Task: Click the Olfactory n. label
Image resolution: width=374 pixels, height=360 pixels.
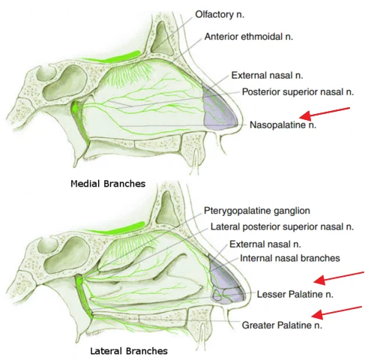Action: [x=220, y=14]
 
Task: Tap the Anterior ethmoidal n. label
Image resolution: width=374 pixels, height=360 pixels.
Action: [x=249, y=37]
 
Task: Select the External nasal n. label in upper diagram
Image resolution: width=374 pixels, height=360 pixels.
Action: [x=267, y=75]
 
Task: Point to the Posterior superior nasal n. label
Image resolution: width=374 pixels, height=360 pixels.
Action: [x=298, y=92]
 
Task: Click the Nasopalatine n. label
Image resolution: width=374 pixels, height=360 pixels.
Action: [x=283, y=124]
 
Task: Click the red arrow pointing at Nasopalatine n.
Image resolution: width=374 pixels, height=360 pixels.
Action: [x=325, y=113]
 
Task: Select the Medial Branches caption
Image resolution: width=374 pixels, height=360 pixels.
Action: [x=108, y=184]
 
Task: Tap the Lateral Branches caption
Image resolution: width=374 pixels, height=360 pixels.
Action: [x=129, y=351]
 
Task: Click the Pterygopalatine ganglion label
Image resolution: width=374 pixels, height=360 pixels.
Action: [x=257, y=211]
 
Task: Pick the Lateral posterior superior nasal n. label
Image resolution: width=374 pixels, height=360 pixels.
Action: [x=282, y=226]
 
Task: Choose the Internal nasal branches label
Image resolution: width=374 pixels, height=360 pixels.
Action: [x=290, y=258]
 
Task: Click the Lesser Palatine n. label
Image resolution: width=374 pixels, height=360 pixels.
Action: [x=295, y=294]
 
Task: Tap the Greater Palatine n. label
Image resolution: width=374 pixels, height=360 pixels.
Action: [x=282, y=325]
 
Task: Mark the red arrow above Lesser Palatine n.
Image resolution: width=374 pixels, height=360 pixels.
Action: [x=339, y=278]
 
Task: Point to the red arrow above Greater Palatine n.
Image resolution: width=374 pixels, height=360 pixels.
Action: [x=337, y=313]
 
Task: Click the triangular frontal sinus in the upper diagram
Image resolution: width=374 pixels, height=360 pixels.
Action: [x=162, y=40]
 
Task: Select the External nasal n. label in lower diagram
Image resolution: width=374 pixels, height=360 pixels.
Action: [x=265, y=244]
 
